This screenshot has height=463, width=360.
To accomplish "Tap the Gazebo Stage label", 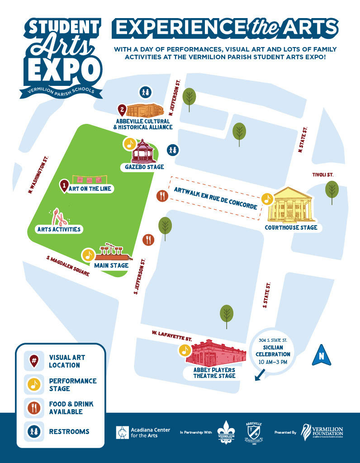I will click(x=138, y=167).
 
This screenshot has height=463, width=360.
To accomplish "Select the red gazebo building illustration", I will click(x=143, y=151).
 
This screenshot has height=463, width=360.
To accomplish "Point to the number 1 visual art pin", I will click(x=65, y=185).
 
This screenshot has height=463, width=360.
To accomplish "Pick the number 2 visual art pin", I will click(x=122, y=109).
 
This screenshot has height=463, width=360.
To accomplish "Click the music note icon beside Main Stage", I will click(x=88, y=255).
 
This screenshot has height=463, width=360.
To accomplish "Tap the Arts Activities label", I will click(x=59, y=229).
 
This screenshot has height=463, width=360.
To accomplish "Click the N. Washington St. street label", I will click(x=38, y=175).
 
